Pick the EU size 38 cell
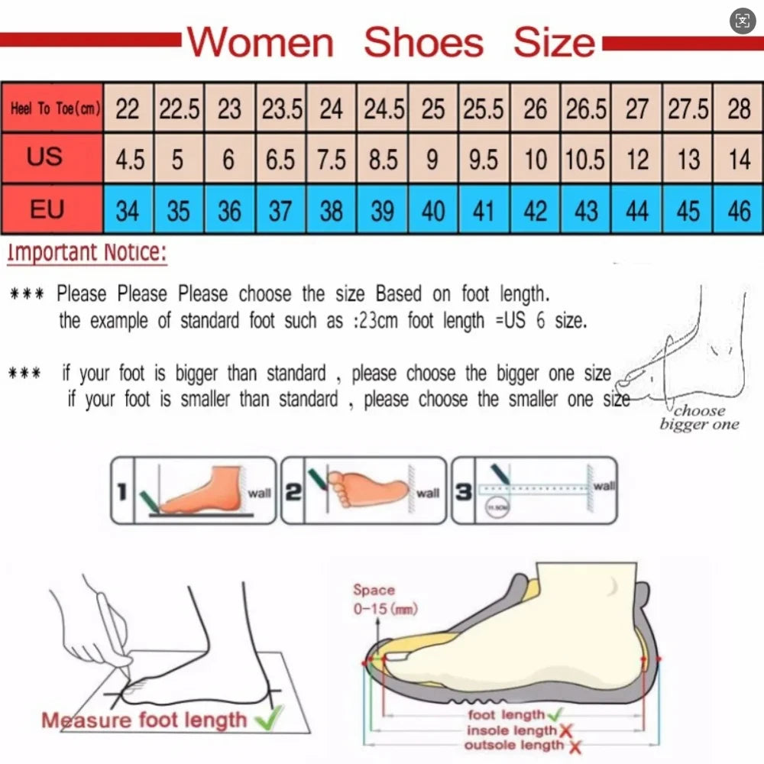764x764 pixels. [331, 210]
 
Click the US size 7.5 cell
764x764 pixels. [331, 159]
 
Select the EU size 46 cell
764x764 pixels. [739, 210]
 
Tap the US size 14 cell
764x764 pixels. [739, 159]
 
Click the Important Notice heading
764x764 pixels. [86, 253]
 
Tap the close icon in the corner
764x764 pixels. [743, 21]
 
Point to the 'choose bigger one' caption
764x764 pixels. [699, 417]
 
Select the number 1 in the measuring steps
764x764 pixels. [121, 491]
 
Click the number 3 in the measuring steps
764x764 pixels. [463, 491]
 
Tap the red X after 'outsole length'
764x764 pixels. [575, 746]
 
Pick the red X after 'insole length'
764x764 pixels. [566, 730]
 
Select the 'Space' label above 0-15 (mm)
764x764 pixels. [374, 590]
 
